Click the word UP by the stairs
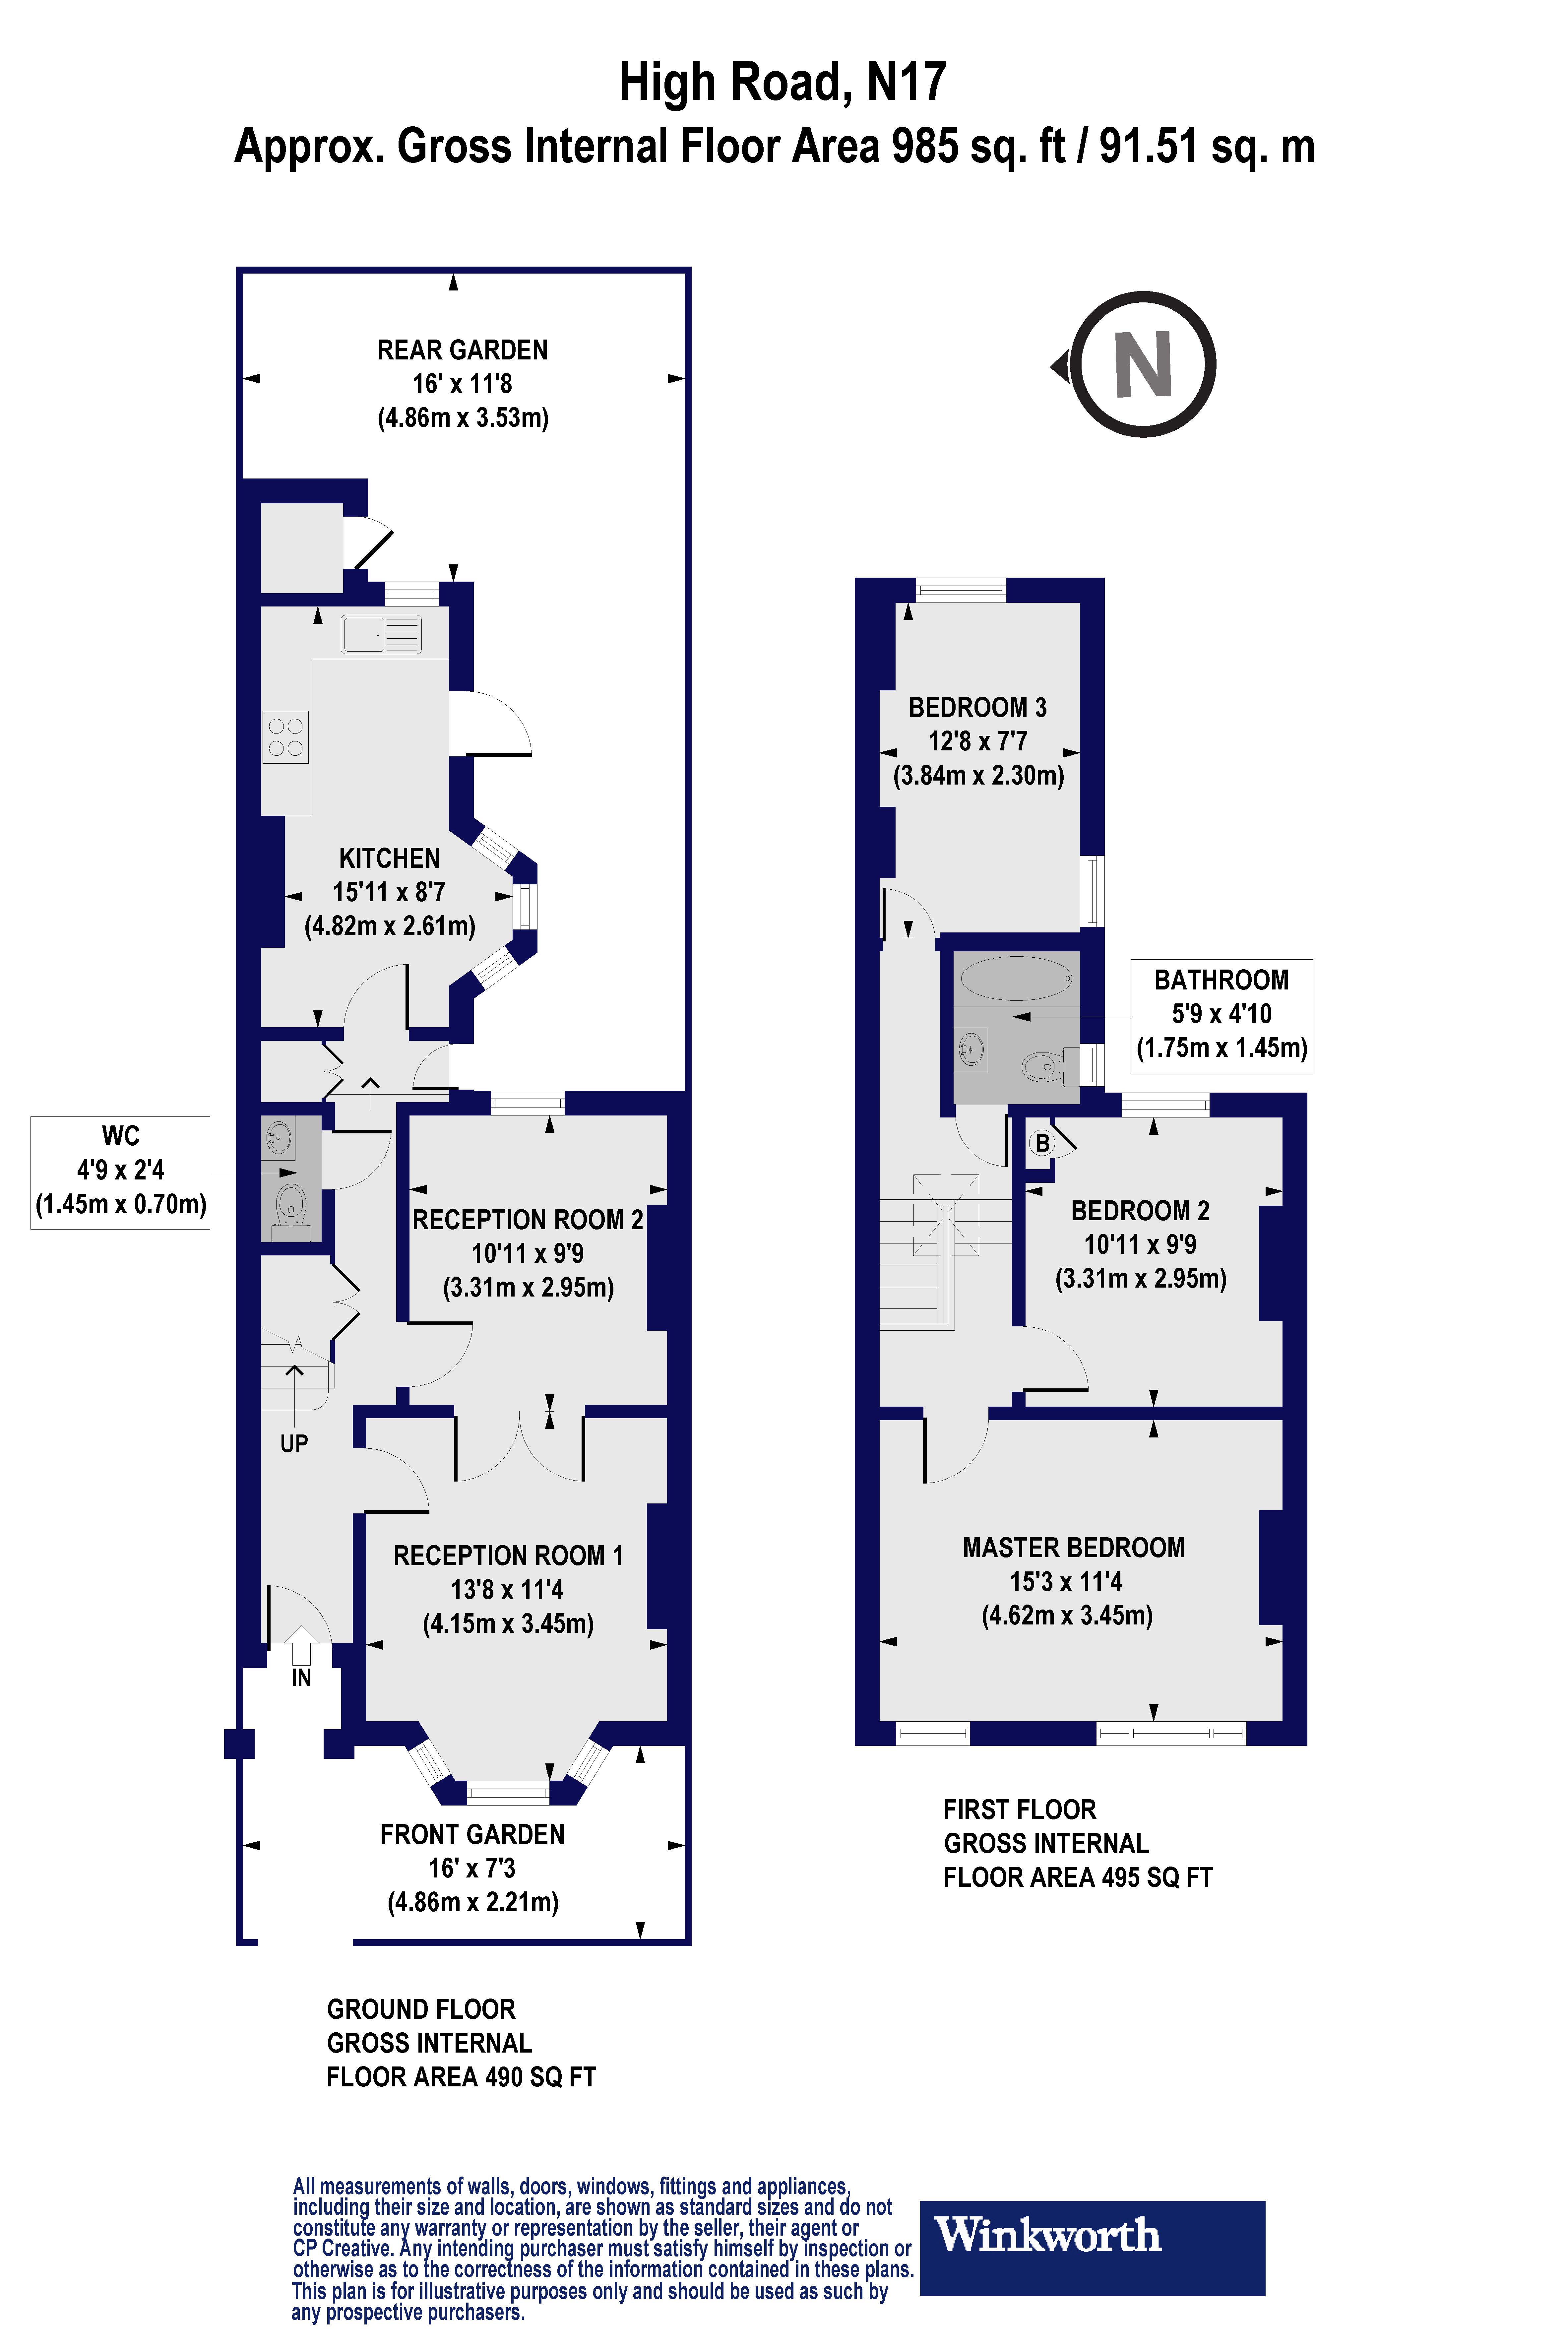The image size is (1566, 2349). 294,1443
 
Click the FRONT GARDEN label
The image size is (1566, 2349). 472,1835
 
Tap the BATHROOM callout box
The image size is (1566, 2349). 1221,1016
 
